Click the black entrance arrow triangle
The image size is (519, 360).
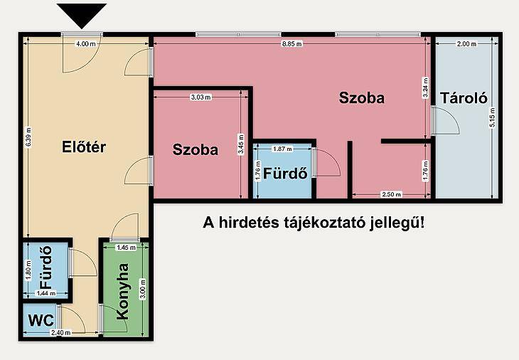point(82,15)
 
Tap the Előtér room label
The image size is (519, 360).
point(84,147)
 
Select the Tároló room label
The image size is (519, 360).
point(464,98)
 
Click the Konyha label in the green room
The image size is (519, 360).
point(123,292)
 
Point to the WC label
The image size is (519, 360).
point(41,320)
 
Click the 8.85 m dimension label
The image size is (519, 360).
point(292,43)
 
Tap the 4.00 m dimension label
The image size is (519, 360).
point(86,43)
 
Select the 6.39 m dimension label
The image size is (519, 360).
point(28,137)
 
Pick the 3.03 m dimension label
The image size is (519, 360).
point(201,97)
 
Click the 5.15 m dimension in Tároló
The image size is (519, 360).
point(492,118)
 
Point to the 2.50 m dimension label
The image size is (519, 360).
point(392,194)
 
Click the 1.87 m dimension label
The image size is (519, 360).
point(282,149)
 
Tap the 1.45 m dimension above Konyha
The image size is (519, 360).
point(126,248)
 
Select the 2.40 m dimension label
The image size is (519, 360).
point(61,332)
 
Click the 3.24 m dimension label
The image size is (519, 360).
point(425,88)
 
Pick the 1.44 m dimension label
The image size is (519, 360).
point(46,293)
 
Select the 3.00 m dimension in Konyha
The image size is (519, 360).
point(143,289)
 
